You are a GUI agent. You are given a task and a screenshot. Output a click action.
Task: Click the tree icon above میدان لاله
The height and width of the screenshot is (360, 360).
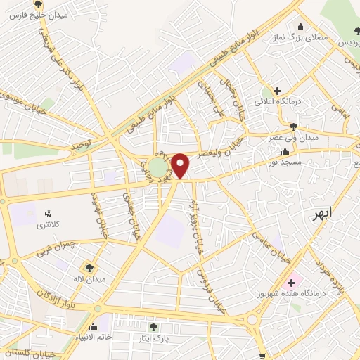(89, 267)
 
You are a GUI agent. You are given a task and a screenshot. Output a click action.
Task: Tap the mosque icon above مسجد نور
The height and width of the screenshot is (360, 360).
(285, 152)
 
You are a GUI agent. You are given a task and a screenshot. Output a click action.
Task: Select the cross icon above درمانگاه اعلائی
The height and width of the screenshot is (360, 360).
(278, 91)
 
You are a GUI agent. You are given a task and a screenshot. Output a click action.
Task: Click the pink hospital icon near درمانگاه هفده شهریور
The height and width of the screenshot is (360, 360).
(291, 282)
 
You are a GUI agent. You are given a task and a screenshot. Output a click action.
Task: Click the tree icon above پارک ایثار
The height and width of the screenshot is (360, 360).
(153, 327)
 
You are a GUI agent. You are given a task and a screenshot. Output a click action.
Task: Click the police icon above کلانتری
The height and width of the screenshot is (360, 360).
(49, 214)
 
